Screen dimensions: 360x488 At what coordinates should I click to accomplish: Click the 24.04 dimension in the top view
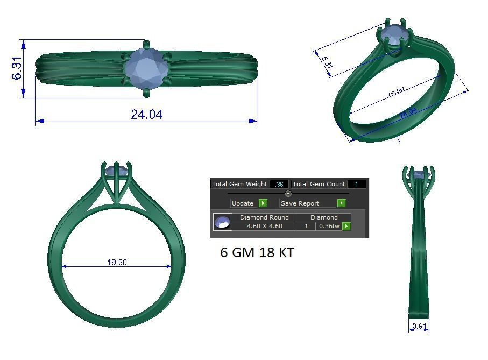pos(146,114)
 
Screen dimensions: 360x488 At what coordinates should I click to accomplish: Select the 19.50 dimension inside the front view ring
pos(117,263)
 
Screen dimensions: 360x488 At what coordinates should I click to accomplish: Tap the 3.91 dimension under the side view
pos(419,326)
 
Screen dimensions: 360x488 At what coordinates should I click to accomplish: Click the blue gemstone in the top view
pos(146,68)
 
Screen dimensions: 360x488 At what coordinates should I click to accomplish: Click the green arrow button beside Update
pos(263,203)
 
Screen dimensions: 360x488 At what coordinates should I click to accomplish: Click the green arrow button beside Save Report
pos(341,203)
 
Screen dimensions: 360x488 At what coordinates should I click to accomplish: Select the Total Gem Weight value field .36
pos(279,185)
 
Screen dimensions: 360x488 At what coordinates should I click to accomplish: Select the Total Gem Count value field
pos(356,185)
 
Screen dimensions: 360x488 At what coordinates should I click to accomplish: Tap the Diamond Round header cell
pos(264,217)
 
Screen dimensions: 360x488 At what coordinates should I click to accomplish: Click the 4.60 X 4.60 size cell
pos(264,226)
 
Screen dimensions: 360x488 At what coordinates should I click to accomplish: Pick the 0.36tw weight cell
pos(329,226)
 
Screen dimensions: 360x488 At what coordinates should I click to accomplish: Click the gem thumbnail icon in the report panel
pos(222,222)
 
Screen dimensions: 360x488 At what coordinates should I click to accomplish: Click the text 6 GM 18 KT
pos(257,252)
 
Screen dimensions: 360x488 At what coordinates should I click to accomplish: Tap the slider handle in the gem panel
pos(288,194)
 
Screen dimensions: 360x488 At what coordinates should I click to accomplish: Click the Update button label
pos(243,203)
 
